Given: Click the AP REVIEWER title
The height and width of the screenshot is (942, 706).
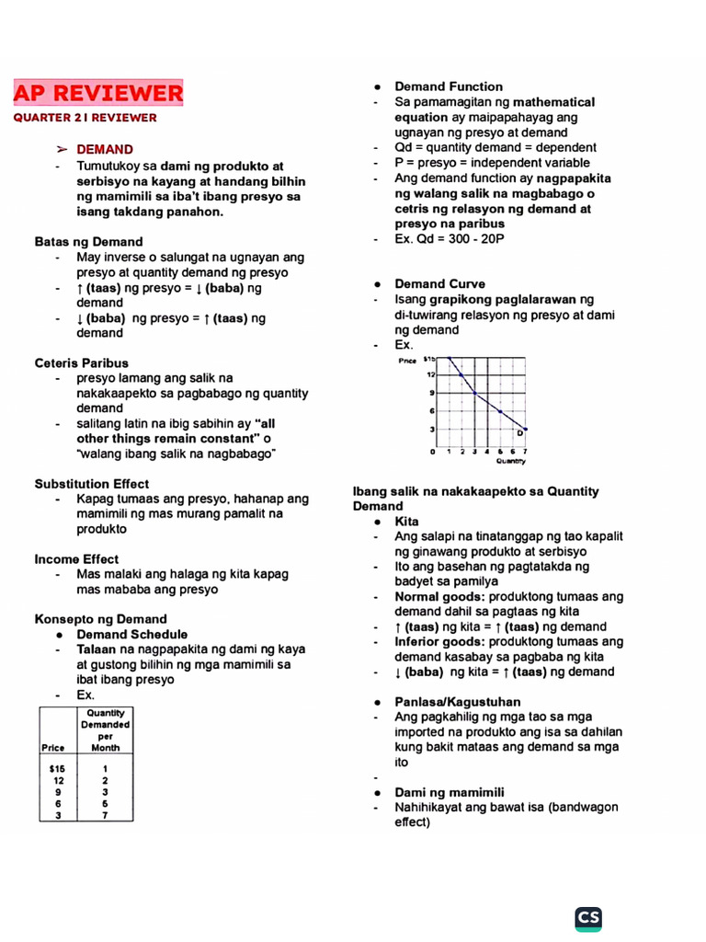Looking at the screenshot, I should (x=98, y=93).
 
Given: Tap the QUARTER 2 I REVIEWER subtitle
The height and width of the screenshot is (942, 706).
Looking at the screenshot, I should (x=85, y=118).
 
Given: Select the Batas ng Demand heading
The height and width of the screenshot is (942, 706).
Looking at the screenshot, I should (x=89, y=242).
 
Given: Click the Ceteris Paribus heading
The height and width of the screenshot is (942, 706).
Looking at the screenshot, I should (x=82, y=362).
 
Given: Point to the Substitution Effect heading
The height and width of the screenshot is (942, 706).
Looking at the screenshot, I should (x=92, y=484).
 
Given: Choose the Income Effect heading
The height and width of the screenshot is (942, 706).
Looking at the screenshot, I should (x=77, y=558).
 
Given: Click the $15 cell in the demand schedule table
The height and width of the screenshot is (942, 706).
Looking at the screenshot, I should (x=58, y=767).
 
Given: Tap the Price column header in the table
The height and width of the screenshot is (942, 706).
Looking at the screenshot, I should (x=53, y=747).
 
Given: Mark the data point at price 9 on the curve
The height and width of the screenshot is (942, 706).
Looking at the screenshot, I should (x=475, y=393).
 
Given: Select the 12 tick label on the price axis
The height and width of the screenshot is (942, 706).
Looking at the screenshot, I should (x=429, y=374).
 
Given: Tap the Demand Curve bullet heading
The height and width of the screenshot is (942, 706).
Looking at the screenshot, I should (x=439, y=283).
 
